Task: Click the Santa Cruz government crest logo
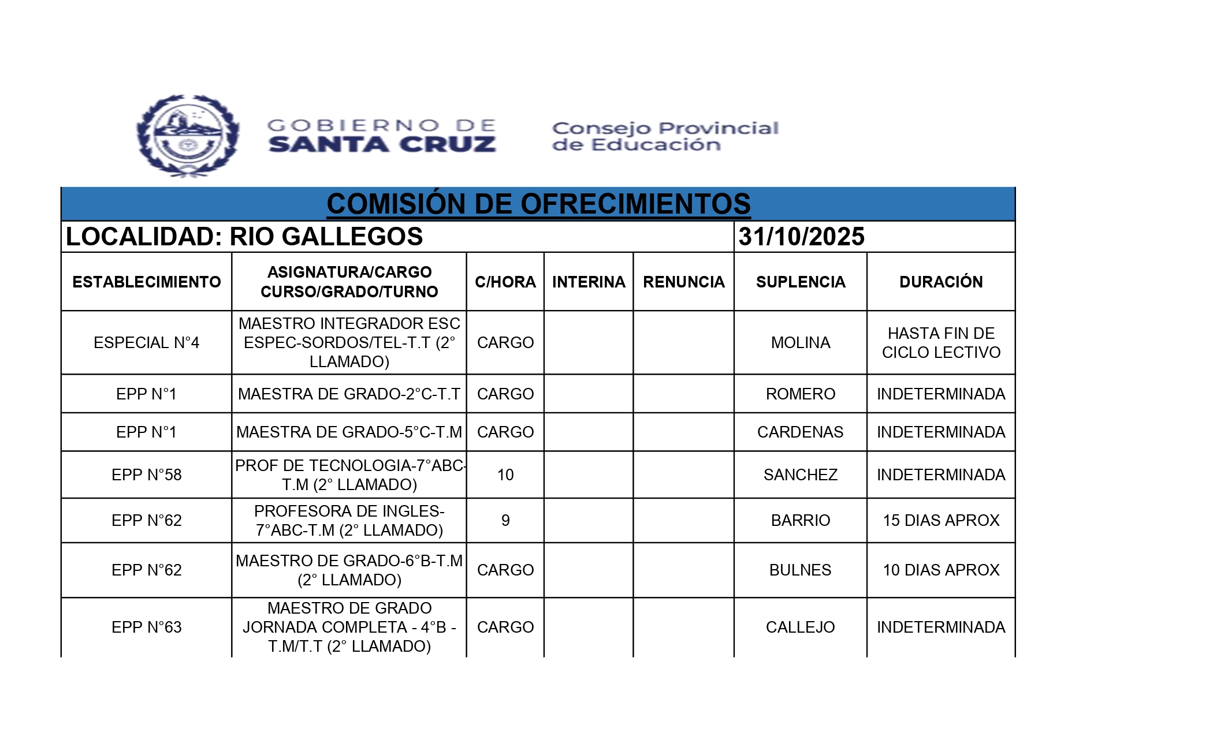(188, 136)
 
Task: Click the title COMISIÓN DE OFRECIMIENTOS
(538, 204)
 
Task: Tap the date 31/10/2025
(801, 237)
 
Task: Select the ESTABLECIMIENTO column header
(146, 282)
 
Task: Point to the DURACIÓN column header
(941, 282)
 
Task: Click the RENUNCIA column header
(683, 282)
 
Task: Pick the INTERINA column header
(589, 282)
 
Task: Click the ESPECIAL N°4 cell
(146, 343)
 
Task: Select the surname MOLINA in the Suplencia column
(801, 343)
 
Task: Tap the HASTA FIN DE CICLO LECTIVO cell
(941, 343)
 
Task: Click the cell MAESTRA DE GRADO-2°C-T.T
(349, 394)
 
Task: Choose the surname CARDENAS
(801, 432)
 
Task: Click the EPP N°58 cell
(146, 475)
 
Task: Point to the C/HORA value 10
(505, 475)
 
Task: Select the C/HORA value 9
(505, 521)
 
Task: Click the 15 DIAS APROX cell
(941, 521)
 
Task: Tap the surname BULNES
(801, 570)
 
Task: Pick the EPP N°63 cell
(146, 627)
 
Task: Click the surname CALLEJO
(801, 627)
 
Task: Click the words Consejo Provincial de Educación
(665, 136)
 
